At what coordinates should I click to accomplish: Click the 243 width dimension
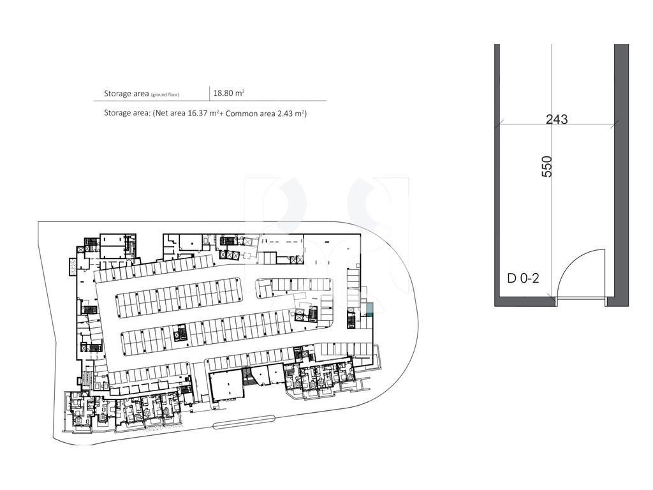tap(556, 119)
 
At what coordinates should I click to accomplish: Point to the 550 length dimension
tap(547, 167)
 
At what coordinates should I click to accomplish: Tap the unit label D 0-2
tap(523, 278)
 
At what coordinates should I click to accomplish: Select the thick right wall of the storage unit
tap(621, 175)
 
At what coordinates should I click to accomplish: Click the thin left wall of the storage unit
tap(497, 175)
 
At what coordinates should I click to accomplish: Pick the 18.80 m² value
tap(229, 93)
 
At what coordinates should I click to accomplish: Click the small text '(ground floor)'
tap(165, 94)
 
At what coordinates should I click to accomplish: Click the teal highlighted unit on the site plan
tap(370, 309)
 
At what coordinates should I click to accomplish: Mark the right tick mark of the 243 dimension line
tap(614, 123)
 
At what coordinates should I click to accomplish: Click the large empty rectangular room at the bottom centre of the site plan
tap(226, 387)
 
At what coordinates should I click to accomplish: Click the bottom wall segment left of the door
tap(525, 302)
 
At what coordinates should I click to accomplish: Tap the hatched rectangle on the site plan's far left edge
tap(73, 266)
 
